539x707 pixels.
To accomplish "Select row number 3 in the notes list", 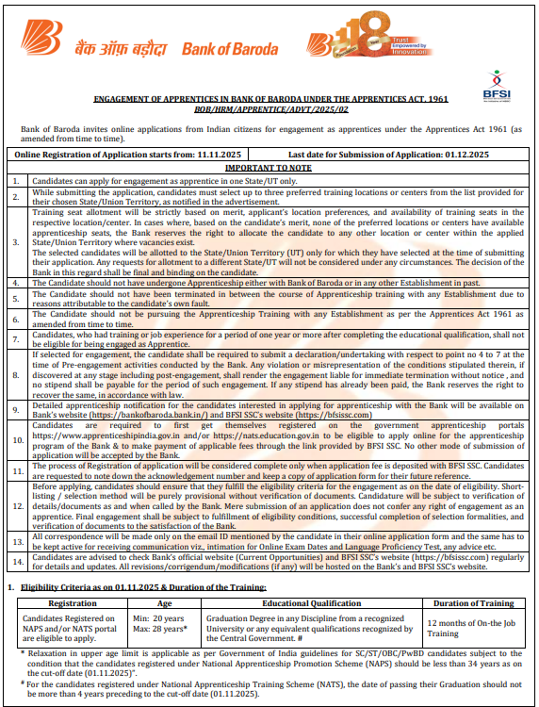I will [15, 241].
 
